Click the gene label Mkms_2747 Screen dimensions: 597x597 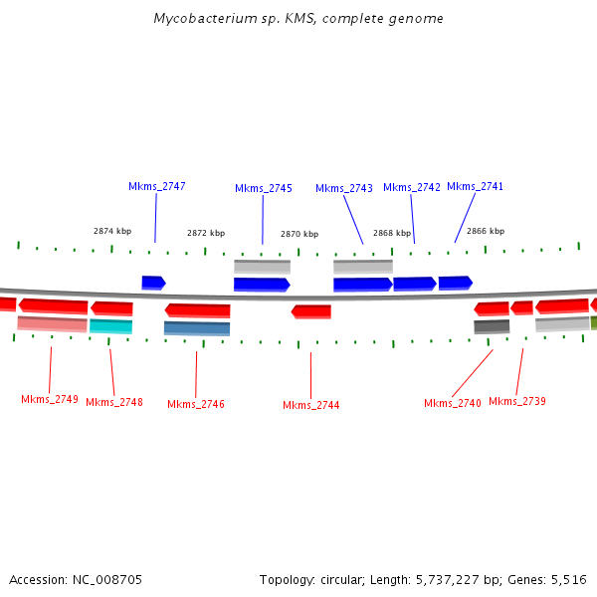pos(156,186)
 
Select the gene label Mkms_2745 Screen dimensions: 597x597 pos(264,188)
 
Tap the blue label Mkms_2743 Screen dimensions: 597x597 pos(344,188)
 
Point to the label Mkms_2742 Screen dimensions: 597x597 pos(412,187)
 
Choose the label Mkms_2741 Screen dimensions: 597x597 pos(476,186)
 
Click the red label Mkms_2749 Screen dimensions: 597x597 pos(50,399)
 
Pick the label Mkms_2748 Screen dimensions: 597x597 pos(114,402)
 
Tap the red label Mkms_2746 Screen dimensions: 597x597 pos(196,404)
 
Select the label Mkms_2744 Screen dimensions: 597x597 pos(311,405)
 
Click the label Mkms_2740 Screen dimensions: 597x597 pos(453,403)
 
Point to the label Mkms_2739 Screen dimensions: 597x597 pos(517,401)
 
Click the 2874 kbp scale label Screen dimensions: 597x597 pos(112,231)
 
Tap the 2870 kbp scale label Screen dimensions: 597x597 pos(299,234)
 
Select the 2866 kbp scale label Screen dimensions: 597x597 pos(486,231)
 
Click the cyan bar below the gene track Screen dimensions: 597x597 pos(110,326)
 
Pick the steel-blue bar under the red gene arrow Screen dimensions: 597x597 pos(197,328)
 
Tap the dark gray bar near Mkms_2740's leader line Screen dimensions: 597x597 pos(492,326)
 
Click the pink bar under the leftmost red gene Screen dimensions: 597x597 pos(52,323)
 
